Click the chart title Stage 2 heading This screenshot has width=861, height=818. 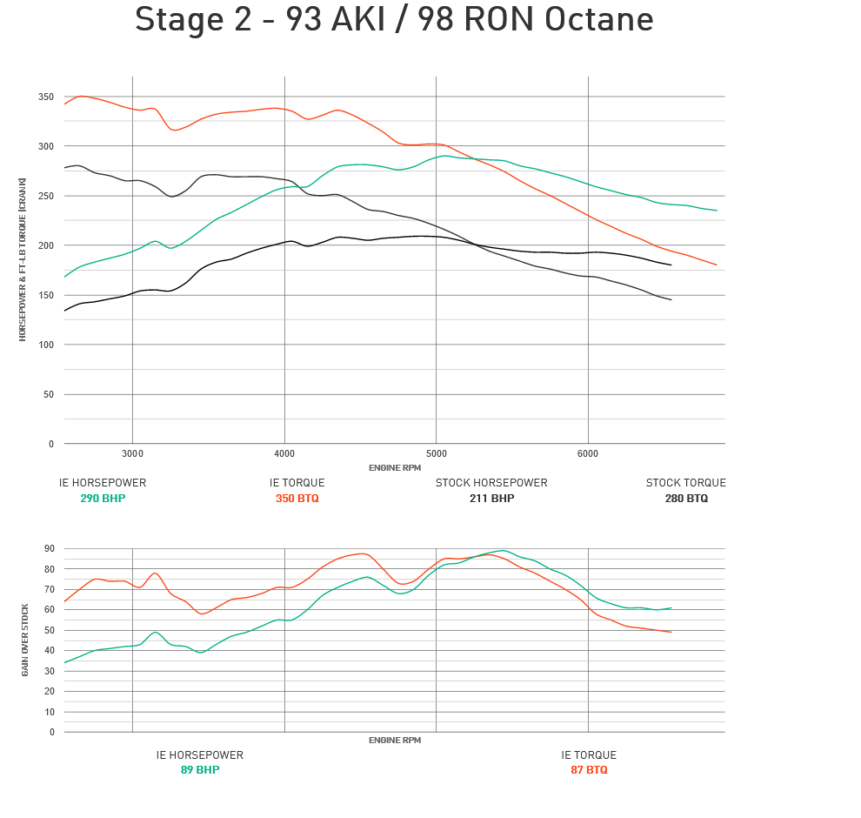pyautogui.click(x=394, y=20)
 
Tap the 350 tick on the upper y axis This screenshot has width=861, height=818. pyautogui.click(x=45, y=97)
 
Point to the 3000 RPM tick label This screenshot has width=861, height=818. pyautogui.click(x=132, y=453)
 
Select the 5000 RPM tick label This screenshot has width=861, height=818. pyautogui.click(x=437, y=453)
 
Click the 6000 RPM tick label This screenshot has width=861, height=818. pyautogui.click(x=588, y=453)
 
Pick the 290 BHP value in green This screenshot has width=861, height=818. pyautogui.click(x=103, y=499)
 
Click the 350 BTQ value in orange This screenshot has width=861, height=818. pyautogui.click(x=297, y=499)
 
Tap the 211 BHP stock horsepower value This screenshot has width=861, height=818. pyautogui.click(x=491, y=499)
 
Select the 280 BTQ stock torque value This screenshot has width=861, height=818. pyautogui.click(x=685, y=499)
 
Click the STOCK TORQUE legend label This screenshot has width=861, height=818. pyautogui.click(x=685, y=483)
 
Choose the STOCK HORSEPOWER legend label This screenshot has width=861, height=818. pyautogui.click(x=491, y=483)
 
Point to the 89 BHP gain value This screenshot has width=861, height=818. pyautogui.click(x=200, y=770)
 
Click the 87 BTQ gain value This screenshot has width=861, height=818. pyautogui.click(x=589, y=770)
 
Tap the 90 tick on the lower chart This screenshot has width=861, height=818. pyautogui.click(x=49, y=549)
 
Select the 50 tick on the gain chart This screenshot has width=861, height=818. pyautogui.click(x=49, y=630)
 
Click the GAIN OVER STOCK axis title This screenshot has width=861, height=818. pyautogui.click(x=25, y=640)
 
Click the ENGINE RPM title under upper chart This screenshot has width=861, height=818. pyautogui.click(x=394, y=468)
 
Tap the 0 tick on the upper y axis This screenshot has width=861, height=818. pyautogui.click(x=51, y=444)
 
